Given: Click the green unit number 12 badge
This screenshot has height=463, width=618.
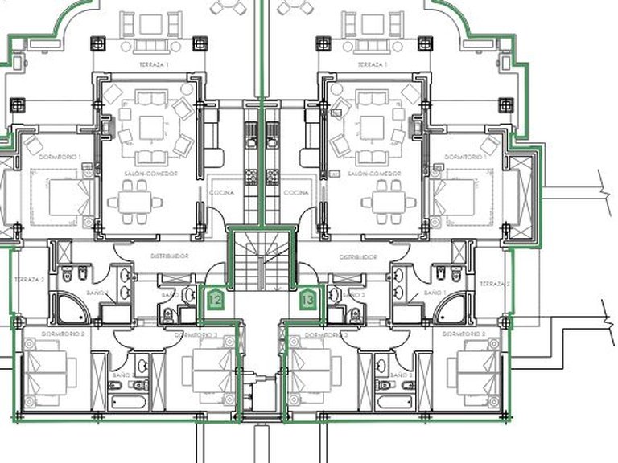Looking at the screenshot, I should coord(215,300).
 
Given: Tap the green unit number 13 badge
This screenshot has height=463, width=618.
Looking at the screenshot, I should coord(307,300).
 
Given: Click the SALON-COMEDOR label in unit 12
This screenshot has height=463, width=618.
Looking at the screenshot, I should coord(150,174).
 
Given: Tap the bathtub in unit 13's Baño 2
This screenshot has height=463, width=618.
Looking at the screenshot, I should coord(392,399).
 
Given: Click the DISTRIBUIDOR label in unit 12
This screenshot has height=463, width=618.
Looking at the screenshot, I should coord(169,256).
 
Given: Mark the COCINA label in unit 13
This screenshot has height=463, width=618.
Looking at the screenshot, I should coord(296,193).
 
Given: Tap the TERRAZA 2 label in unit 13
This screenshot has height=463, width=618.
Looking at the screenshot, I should coord(494,284).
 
